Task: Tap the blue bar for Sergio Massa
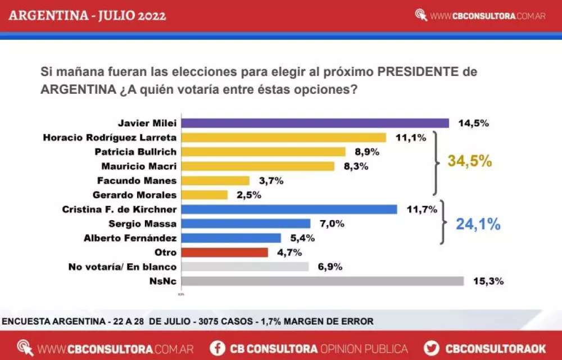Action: coord(246,224)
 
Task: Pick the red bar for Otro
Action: coord(224,252)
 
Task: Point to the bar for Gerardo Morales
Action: coord(205,195)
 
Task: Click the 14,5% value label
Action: coord(473,123)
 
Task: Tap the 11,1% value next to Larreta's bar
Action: coord(410,138)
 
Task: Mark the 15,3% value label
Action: coord(488,281)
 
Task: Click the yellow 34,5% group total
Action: coord(469,161)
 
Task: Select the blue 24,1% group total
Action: coord(478,224)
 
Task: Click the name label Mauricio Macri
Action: coord(139,166)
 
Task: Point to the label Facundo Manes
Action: coord(137,180)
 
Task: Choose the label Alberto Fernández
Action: coord(130,238)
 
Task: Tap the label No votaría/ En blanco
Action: coord(122,267)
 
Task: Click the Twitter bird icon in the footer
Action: coord(432,348)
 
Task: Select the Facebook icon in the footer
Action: coord(217,348)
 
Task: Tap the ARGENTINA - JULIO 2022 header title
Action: coord(87,15)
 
